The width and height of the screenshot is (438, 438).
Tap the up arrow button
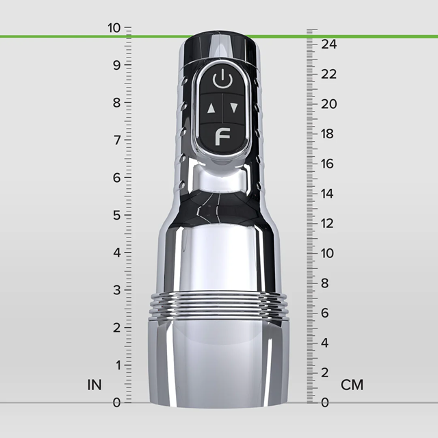(x=211, y=107)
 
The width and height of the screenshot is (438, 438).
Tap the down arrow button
(x=234, y=107)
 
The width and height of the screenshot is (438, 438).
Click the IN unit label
(x=94, y=385)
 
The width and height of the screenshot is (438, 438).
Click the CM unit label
(x=352, y=385)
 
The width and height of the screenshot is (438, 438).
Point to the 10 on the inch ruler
(x=113, y=28)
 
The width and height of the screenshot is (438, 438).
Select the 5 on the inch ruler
(x=116, y=215)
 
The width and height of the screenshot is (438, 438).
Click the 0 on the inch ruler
(x=116, y=402)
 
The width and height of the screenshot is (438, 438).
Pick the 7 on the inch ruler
(x=116, y=140)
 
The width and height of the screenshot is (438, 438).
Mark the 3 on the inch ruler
(x=116, y=290)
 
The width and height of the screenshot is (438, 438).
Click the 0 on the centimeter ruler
(x=325, y=402)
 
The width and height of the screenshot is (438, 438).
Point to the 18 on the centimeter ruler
(x=329, y=133)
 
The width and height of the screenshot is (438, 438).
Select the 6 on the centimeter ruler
(x=325, y=313)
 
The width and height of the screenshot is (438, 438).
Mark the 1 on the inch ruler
(x=116, y=365)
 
